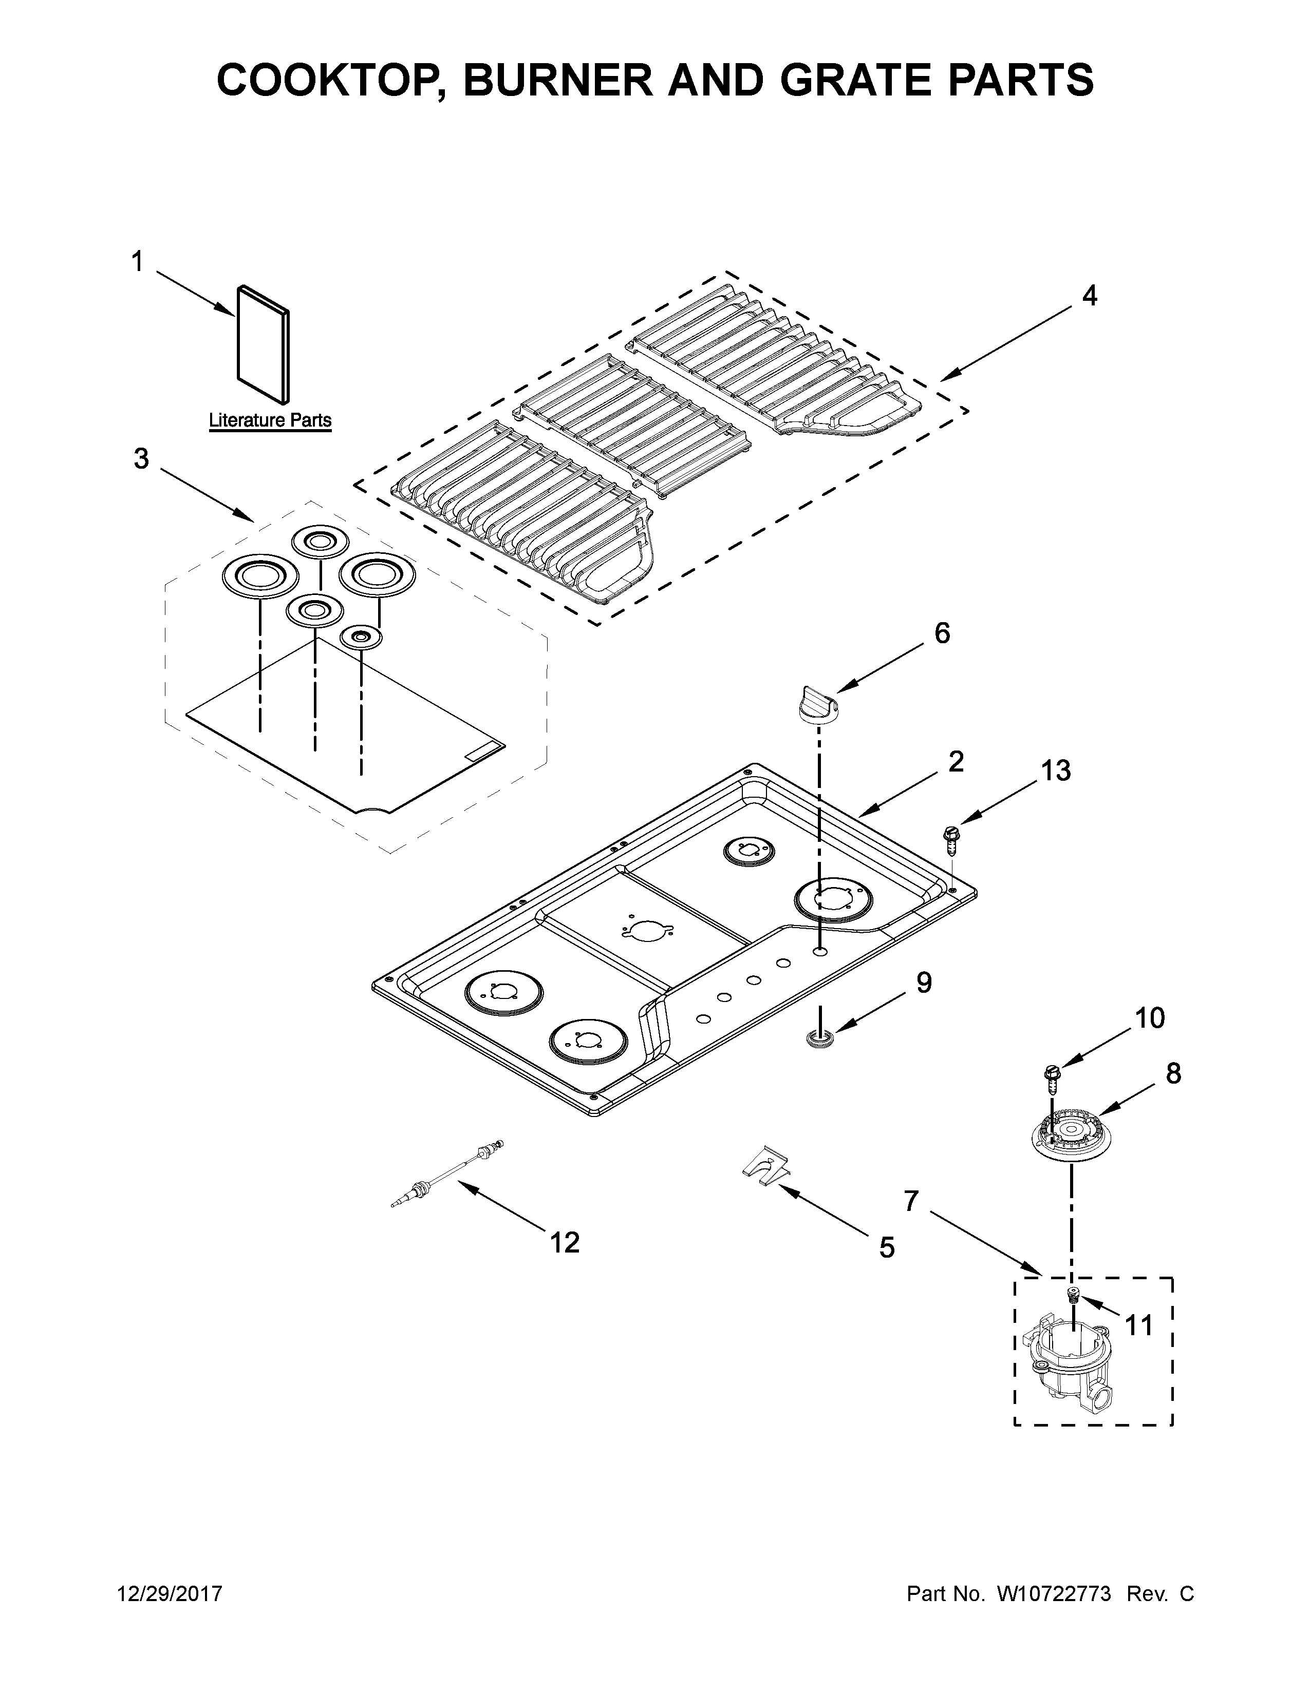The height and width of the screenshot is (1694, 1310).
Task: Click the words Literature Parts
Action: coord(270,420)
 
